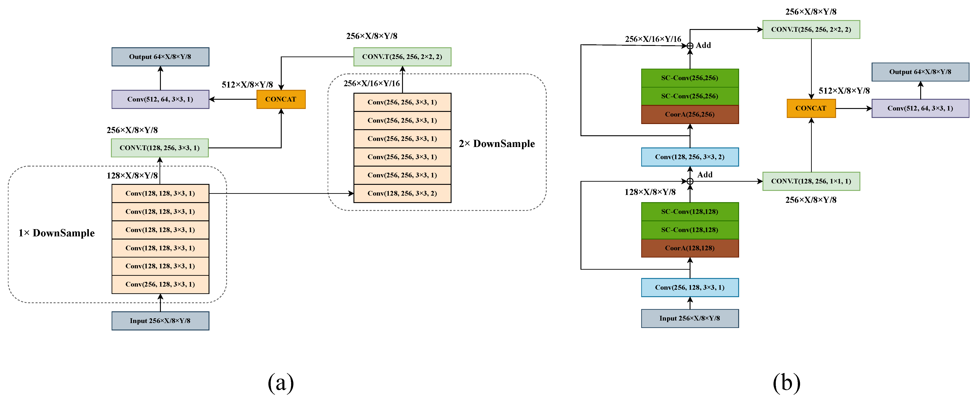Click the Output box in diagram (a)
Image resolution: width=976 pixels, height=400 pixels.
(160, 57)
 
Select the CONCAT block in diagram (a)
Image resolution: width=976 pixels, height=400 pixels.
(281, 99)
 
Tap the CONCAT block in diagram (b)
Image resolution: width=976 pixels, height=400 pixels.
(811, 108)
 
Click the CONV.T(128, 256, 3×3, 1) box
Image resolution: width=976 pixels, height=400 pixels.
(160, 148)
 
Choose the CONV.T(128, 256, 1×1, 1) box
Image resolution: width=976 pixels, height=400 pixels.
(811, 181)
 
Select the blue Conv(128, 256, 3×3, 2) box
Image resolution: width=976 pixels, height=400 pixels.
(690, 157)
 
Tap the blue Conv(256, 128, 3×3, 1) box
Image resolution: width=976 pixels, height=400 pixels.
(690, 287)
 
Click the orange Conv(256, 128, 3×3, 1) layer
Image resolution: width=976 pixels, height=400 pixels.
(160, 284)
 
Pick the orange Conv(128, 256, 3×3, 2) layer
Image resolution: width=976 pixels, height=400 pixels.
(402, 193)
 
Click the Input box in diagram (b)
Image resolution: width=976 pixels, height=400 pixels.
(690, 319)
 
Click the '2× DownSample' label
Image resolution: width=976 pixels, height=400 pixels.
(497, 144)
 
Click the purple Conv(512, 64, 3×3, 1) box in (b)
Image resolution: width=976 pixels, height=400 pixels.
(920, 108)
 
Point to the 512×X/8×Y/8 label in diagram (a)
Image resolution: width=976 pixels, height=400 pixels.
(247, 85)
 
